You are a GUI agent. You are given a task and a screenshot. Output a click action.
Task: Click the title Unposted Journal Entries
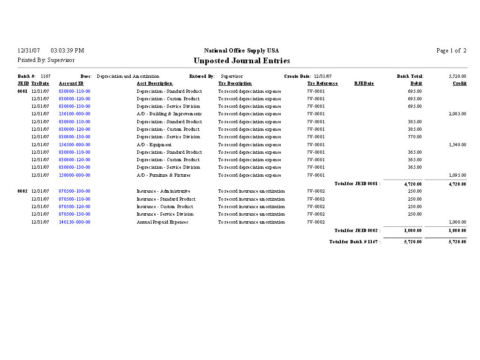click(x=241, y=61)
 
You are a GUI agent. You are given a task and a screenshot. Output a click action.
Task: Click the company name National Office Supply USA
click(x=241, y=51)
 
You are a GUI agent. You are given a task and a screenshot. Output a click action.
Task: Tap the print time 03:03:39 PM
click(x=67, y=51)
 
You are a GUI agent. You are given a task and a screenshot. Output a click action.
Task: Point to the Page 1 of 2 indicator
click(x=451, y=51)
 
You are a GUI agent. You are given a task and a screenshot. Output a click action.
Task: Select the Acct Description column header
click(x=155, y=83)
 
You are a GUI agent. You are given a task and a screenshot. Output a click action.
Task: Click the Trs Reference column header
click(x=322, y=83)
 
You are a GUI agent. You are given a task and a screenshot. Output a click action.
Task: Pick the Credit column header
click(x=459, y=83)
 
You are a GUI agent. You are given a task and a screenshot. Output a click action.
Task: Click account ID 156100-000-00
click(x=75, y=114)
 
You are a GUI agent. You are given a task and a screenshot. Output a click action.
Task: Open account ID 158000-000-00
click(x=75, y=175)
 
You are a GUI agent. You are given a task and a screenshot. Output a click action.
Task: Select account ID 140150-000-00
click(x=75, y=222)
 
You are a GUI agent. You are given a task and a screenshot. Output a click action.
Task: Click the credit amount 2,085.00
click(x=457, y=114)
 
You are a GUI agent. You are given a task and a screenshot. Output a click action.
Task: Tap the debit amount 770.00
click(x=414, y=137)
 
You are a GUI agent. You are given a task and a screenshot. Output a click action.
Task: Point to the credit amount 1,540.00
click(x=457, y=145)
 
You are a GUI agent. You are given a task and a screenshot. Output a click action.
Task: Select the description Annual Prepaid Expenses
click(x=162, y=222)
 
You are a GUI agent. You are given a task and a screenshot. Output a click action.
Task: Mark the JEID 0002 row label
click(x=22, y=191)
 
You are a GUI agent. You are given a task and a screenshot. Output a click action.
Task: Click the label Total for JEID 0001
click(x=357, y=184)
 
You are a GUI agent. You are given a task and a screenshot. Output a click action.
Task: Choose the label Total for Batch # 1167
click(x=355, y=242)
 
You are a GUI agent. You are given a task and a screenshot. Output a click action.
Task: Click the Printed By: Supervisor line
click(x=46, y=60)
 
